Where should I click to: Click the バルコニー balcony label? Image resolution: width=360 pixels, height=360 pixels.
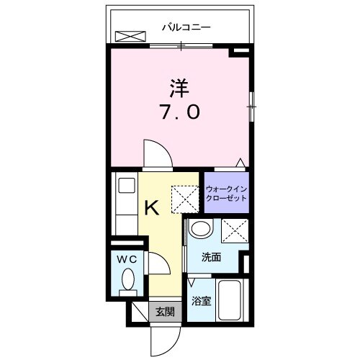click(185, 28)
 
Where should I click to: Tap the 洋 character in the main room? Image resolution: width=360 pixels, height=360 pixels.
click(179, 87)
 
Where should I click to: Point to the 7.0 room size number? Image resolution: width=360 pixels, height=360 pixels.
click(179, 113)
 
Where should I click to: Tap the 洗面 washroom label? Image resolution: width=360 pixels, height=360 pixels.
click(211, 257)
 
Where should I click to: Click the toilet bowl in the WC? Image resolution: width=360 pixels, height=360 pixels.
click(127, 278)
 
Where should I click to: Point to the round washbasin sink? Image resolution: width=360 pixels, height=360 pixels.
click(201, 230)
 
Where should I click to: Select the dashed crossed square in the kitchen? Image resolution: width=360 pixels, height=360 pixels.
click(184, 196)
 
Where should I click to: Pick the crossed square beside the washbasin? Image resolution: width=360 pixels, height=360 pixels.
click(235, 231)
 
